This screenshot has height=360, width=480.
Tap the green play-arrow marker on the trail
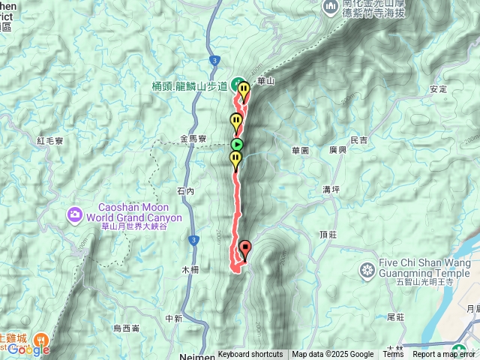(237, 145)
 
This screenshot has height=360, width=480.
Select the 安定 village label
(438, 89)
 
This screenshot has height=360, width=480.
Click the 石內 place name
(185, 192)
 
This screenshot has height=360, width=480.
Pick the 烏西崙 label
(126, 328)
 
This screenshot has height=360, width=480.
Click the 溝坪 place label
(331, 189)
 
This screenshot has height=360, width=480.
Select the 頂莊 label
(328, 235)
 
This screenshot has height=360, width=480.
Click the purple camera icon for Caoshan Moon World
(74, 216)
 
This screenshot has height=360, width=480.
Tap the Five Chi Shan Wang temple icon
(367, 269)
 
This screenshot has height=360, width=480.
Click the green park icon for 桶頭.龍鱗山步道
(235, 83)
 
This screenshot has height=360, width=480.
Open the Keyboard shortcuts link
(250, 355)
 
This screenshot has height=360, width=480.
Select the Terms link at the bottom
(393, 355)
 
